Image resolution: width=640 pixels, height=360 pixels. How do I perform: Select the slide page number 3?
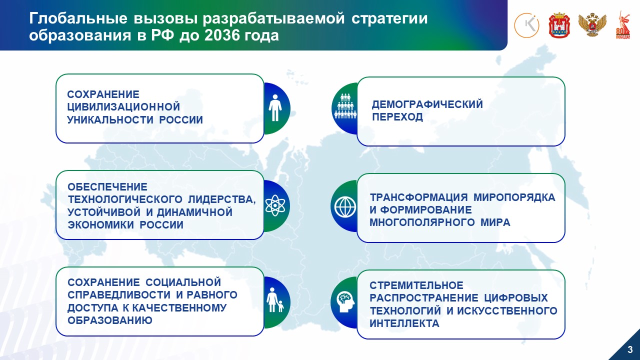coord(630,349)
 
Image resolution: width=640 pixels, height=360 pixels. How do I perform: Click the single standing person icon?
coord(275,108)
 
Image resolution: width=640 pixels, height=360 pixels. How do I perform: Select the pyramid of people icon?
coord(345,106)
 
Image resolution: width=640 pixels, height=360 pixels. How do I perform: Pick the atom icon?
coord(275,205)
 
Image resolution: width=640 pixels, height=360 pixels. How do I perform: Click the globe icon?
coord(345,207)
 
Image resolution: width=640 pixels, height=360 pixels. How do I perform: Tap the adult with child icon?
coord(275,300)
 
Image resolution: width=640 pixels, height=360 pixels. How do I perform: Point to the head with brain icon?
coord(345,302)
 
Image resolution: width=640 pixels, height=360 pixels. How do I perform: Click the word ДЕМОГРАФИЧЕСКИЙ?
coord(427,104)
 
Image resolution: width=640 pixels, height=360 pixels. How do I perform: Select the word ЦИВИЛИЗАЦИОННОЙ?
coord(123,107)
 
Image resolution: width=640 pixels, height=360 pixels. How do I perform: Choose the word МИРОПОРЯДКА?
coord(514,197)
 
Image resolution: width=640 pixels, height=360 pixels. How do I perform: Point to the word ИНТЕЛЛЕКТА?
coord(404,323)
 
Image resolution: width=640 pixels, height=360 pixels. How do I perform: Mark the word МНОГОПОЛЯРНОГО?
coord(422,222)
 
